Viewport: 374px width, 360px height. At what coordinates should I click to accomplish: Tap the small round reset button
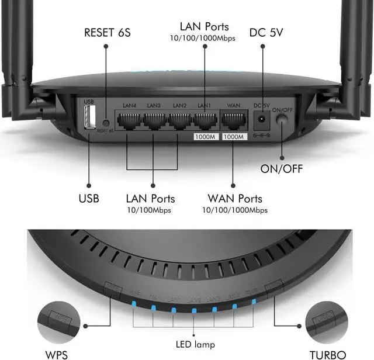coord(106,123)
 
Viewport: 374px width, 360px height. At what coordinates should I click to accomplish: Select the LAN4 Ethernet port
coord(129,121)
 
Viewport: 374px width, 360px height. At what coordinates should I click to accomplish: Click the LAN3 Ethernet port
coord(154,121)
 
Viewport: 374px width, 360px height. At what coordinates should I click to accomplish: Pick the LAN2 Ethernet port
coord(179,121)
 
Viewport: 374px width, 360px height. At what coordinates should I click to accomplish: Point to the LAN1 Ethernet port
coord(205,121)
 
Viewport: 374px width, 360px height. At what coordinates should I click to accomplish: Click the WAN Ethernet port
coord(234,121)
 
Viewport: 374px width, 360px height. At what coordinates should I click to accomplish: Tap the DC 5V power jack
coord(262,121)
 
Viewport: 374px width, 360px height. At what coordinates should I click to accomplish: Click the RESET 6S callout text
coord(108,32)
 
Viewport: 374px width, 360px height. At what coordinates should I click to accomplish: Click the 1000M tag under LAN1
coord(206,137)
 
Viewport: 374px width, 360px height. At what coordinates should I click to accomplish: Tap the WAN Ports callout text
coord(235,199)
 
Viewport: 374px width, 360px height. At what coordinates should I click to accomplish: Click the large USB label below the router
coord(89,199)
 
